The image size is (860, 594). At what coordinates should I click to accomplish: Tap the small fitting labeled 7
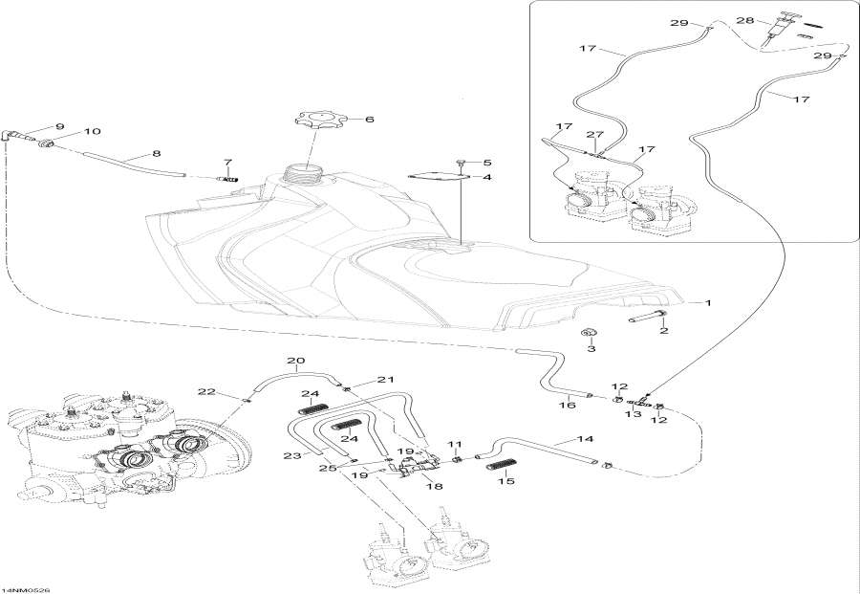[x=228, y=178]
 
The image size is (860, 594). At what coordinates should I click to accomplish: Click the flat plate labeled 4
[x=438, y=176]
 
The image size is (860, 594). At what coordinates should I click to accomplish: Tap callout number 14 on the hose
[x=586, y=439]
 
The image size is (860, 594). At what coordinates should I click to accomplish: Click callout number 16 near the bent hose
[x=567, y=405]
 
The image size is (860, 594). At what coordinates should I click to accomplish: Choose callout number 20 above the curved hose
[x=295, y=362]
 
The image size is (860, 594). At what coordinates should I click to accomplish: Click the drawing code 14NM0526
[x=26, y=586]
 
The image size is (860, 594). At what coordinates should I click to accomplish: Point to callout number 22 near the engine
[x=206, y=391]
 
